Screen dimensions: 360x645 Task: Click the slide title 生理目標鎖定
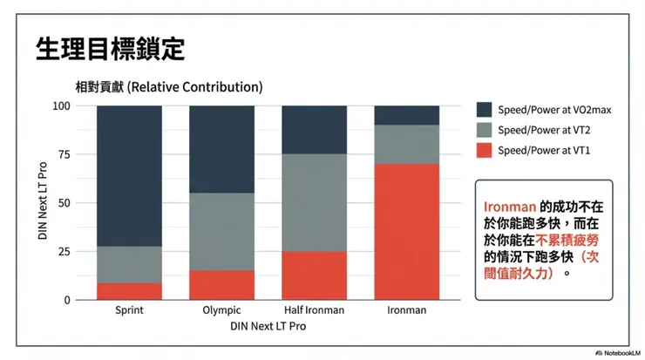110,49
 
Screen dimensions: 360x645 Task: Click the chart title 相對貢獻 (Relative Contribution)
168,88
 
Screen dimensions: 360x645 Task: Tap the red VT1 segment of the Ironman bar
407,231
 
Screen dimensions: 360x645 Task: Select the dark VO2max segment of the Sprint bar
129,174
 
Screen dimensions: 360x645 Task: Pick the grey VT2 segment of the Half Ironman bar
315,202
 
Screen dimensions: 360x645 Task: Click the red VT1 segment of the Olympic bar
221,285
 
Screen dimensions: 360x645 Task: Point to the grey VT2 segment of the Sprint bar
129,264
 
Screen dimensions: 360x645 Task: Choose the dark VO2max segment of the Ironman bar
407,115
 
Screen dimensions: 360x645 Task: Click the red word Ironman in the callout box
505,207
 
